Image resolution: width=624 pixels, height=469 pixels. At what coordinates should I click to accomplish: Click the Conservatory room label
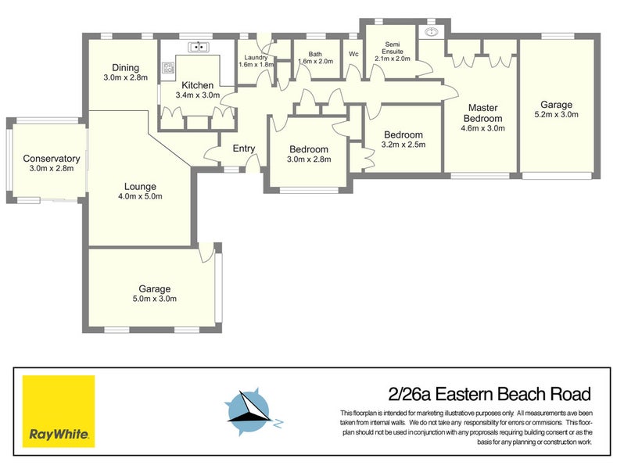51,158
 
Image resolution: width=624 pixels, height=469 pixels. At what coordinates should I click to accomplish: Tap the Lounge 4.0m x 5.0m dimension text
138,197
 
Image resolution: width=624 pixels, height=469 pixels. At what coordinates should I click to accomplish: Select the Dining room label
125,67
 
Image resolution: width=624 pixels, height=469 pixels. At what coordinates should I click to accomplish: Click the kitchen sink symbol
199,47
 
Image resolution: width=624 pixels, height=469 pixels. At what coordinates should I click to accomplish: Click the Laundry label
256,57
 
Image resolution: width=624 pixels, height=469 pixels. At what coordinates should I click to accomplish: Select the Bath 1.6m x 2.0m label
315,61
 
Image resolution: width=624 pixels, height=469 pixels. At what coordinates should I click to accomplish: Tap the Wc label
353,54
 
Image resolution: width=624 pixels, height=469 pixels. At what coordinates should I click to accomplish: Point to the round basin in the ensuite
431,32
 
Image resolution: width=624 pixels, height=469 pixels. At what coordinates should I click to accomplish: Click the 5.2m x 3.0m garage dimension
556,115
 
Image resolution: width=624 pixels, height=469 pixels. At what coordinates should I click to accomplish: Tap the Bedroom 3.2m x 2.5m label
402,144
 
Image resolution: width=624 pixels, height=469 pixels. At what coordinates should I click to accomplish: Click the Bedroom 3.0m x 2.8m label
309,159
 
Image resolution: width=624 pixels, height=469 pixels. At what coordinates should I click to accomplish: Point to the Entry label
244,149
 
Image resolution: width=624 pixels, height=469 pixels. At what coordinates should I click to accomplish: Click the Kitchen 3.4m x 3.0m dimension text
199,95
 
